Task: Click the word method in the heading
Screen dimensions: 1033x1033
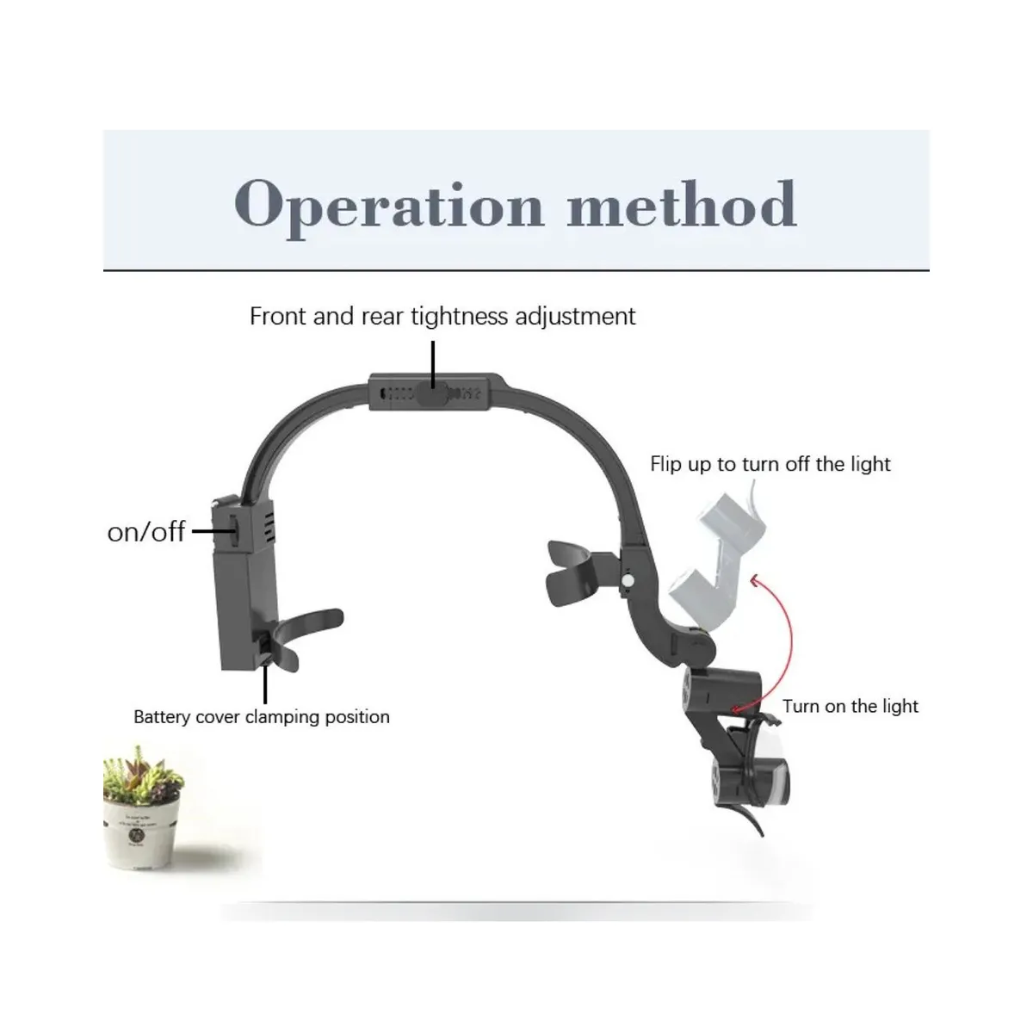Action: [681, 204]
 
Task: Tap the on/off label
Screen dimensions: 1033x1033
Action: [146, 532]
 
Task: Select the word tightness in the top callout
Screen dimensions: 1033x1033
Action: [459, 316]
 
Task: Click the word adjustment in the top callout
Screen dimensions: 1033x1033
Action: [575, 316]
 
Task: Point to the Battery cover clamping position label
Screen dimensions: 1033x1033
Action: [262, 717]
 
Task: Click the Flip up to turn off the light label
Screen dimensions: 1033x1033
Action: [770, 464]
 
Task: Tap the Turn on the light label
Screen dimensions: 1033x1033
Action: [851, 706]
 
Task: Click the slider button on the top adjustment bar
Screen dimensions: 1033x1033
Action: [432, 393]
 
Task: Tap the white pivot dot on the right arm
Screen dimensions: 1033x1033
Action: [628, 580]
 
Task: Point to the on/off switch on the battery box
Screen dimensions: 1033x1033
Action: [234, 531]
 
